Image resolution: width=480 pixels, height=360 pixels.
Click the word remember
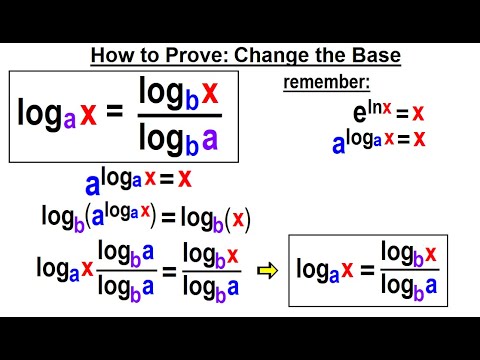[325, 84]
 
